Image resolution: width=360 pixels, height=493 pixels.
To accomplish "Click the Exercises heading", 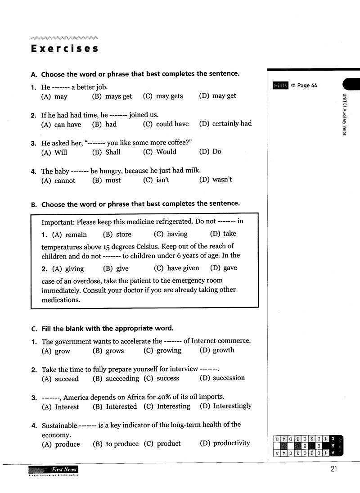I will click(65, 49).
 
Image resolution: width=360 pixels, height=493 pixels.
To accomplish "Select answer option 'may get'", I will click(224, 96).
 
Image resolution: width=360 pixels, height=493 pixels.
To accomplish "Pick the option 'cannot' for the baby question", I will click(64, 181).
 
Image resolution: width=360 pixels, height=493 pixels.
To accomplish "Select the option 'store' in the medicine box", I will click(123, 234).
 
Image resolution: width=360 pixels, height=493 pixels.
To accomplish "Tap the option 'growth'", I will click(223, 350).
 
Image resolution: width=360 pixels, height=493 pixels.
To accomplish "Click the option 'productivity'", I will click(231, 443).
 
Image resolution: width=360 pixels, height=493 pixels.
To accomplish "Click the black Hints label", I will click(280, 86).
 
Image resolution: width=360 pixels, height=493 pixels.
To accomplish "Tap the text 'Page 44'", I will click(307, 86).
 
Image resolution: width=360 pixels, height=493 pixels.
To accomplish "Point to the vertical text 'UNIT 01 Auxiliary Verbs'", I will click(344, 115).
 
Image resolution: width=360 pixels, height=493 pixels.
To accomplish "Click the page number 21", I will click(333, 470).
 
